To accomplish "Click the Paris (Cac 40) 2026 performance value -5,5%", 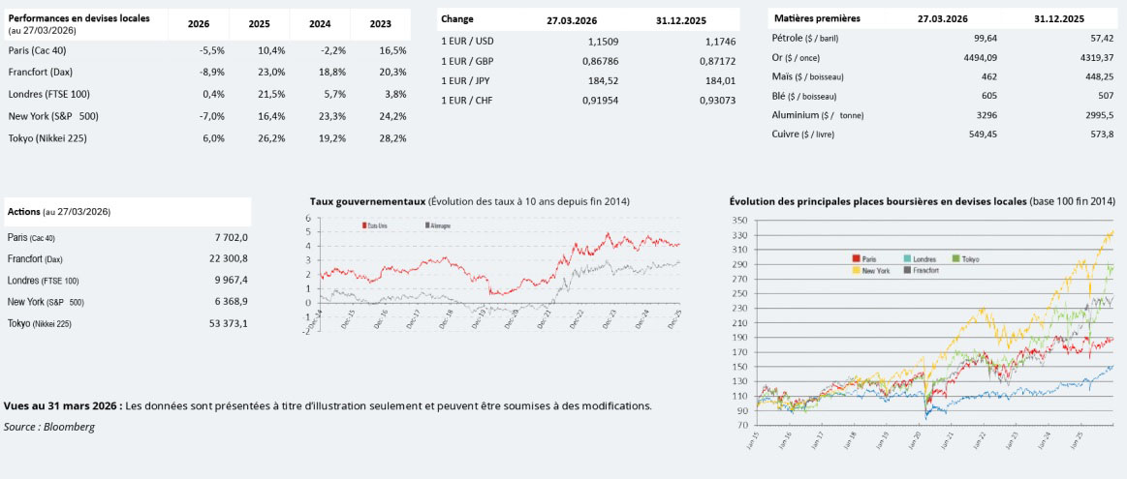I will [x=211, y=50].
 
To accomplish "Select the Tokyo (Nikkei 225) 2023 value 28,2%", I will [x=392, y=138].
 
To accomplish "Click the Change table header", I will [x=456, y=18].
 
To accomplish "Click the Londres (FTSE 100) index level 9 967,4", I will [x=230, y=280].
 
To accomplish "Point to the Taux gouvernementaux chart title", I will [x=367, y=201].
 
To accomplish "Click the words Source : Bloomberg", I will [x=49, y=427].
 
